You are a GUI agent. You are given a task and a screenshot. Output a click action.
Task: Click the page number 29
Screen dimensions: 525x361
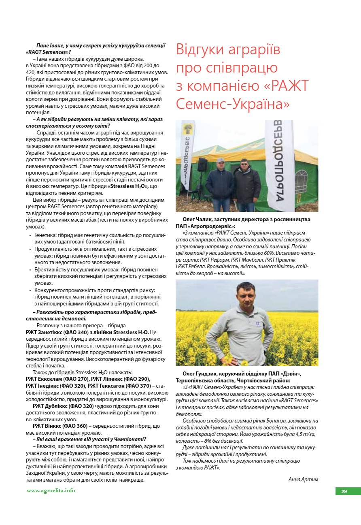pyautogui.click(x=344, y=491)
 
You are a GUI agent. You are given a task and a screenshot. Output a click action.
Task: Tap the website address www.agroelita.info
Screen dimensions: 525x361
pyautogui.click(x=51, y=490)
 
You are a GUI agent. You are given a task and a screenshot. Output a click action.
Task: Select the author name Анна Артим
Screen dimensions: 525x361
pyautogui.click(x=303, y=479)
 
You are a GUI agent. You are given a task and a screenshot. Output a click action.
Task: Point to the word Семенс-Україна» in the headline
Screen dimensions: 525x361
pyautogui.click(x=233, y=104)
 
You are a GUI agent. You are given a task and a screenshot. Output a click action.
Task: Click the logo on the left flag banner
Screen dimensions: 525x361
pyautogui.click(x=188, y=130)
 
